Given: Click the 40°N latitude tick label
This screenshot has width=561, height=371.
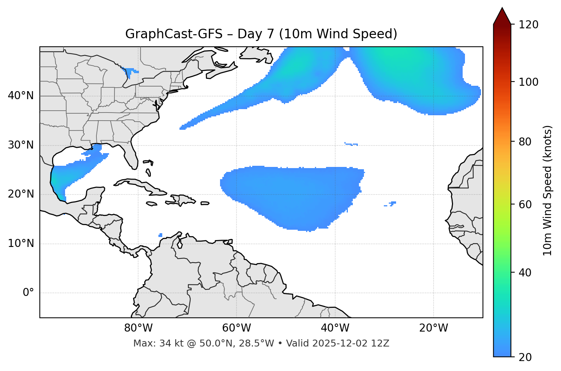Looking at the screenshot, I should [21, 96].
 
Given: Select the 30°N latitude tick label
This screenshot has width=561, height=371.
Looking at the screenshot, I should [21, 145].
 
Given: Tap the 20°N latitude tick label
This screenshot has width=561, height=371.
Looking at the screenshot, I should [21, 194].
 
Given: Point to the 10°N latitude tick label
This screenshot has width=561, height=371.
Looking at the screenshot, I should [21, 244].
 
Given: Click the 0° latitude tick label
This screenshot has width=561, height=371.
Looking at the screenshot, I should [28, 293].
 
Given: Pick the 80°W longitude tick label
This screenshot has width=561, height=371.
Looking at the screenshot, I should [138, 328].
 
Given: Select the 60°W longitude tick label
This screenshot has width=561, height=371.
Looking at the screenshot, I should [236, 328].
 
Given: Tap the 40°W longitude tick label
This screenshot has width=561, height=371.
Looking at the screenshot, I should [335, 328].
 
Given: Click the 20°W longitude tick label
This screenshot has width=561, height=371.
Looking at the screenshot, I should [434, 328].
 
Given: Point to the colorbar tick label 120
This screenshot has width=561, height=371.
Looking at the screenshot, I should [528, 25].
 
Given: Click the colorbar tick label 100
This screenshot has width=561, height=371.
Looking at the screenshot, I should [528, 82].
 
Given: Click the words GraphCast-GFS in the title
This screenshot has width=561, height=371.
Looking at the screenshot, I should [174, 34].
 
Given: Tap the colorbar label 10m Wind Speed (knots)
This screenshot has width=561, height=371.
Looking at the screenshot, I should [548, 190].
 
